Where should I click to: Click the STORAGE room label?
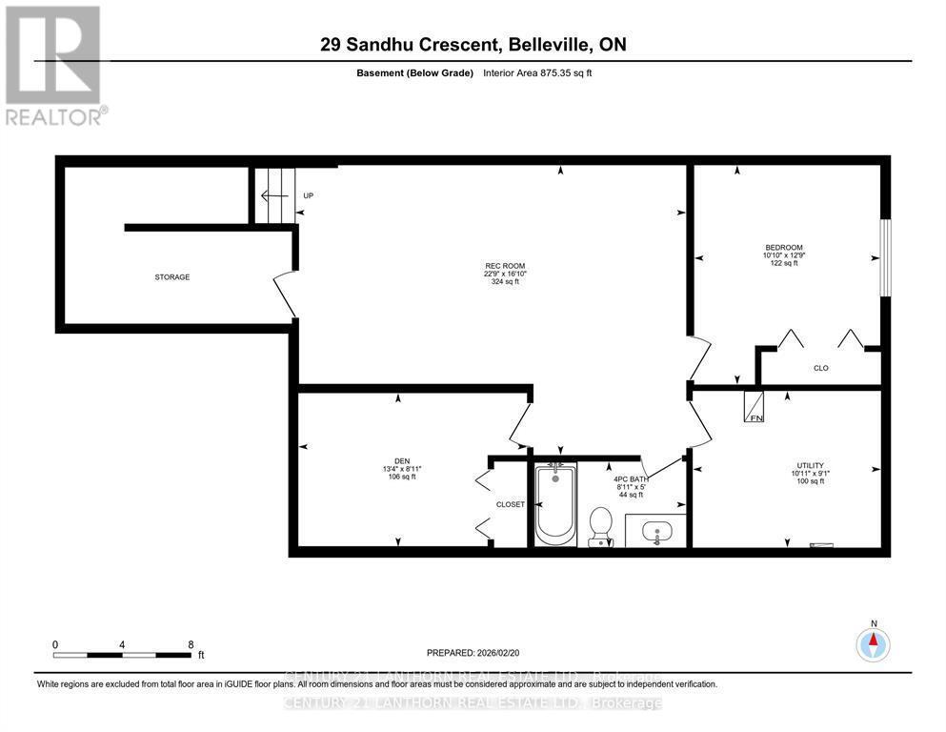point(172,277)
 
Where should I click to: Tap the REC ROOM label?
point(504,266)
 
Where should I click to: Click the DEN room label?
point(401,460)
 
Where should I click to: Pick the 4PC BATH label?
point(629,478)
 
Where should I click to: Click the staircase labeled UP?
point(277,196)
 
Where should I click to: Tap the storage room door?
point(284,295)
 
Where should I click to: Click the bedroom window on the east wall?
point(885,257)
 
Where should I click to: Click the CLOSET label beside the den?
point(510,504)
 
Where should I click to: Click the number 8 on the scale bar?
point(191,644)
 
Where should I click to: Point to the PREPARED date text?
point(473,653)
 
